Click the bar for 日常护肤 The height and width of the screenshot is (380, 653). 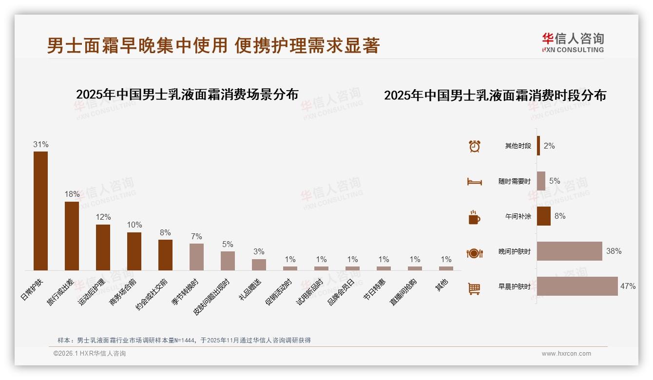tap(40, 210)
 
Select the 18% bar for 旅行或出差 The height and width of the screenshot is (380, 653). tap(72, 236)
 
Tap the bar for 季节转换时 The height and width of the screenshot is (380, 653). tap(196, 257)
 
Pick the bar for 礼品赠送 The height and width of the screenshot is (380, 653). tap(259, 265)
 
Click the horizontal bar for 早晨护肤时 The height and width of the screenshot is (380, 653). tap(577, 286)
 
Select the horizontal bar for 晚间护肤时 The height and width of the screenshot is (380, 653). tap(569, 251)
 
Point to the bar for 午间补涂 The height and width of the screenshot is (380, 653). tap(543, 216)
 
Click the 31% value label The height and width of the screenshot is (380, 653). tap(40, 145)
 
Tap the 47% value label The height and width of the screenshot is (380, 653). tap(628, 286)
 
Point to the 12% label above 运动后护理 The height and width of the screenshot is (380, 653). tap(103, 217)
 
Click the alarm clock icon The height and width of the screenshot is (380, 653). tap(474, 146)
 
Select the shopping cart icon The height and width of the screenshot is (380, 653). tap(474, 288)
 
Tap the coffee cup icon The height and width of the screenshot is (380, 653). tap(474, 217)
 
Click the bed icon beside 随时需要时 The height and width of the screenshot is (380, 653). tap(474, 182)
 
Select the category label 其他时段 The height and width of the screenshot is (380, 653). tap(518, 146)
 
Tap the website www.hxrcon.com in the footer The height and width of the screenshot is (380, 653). tap(566, 354)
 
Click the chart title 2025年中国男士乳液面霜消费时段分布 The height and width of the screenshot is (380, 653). tap(495, 95)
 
